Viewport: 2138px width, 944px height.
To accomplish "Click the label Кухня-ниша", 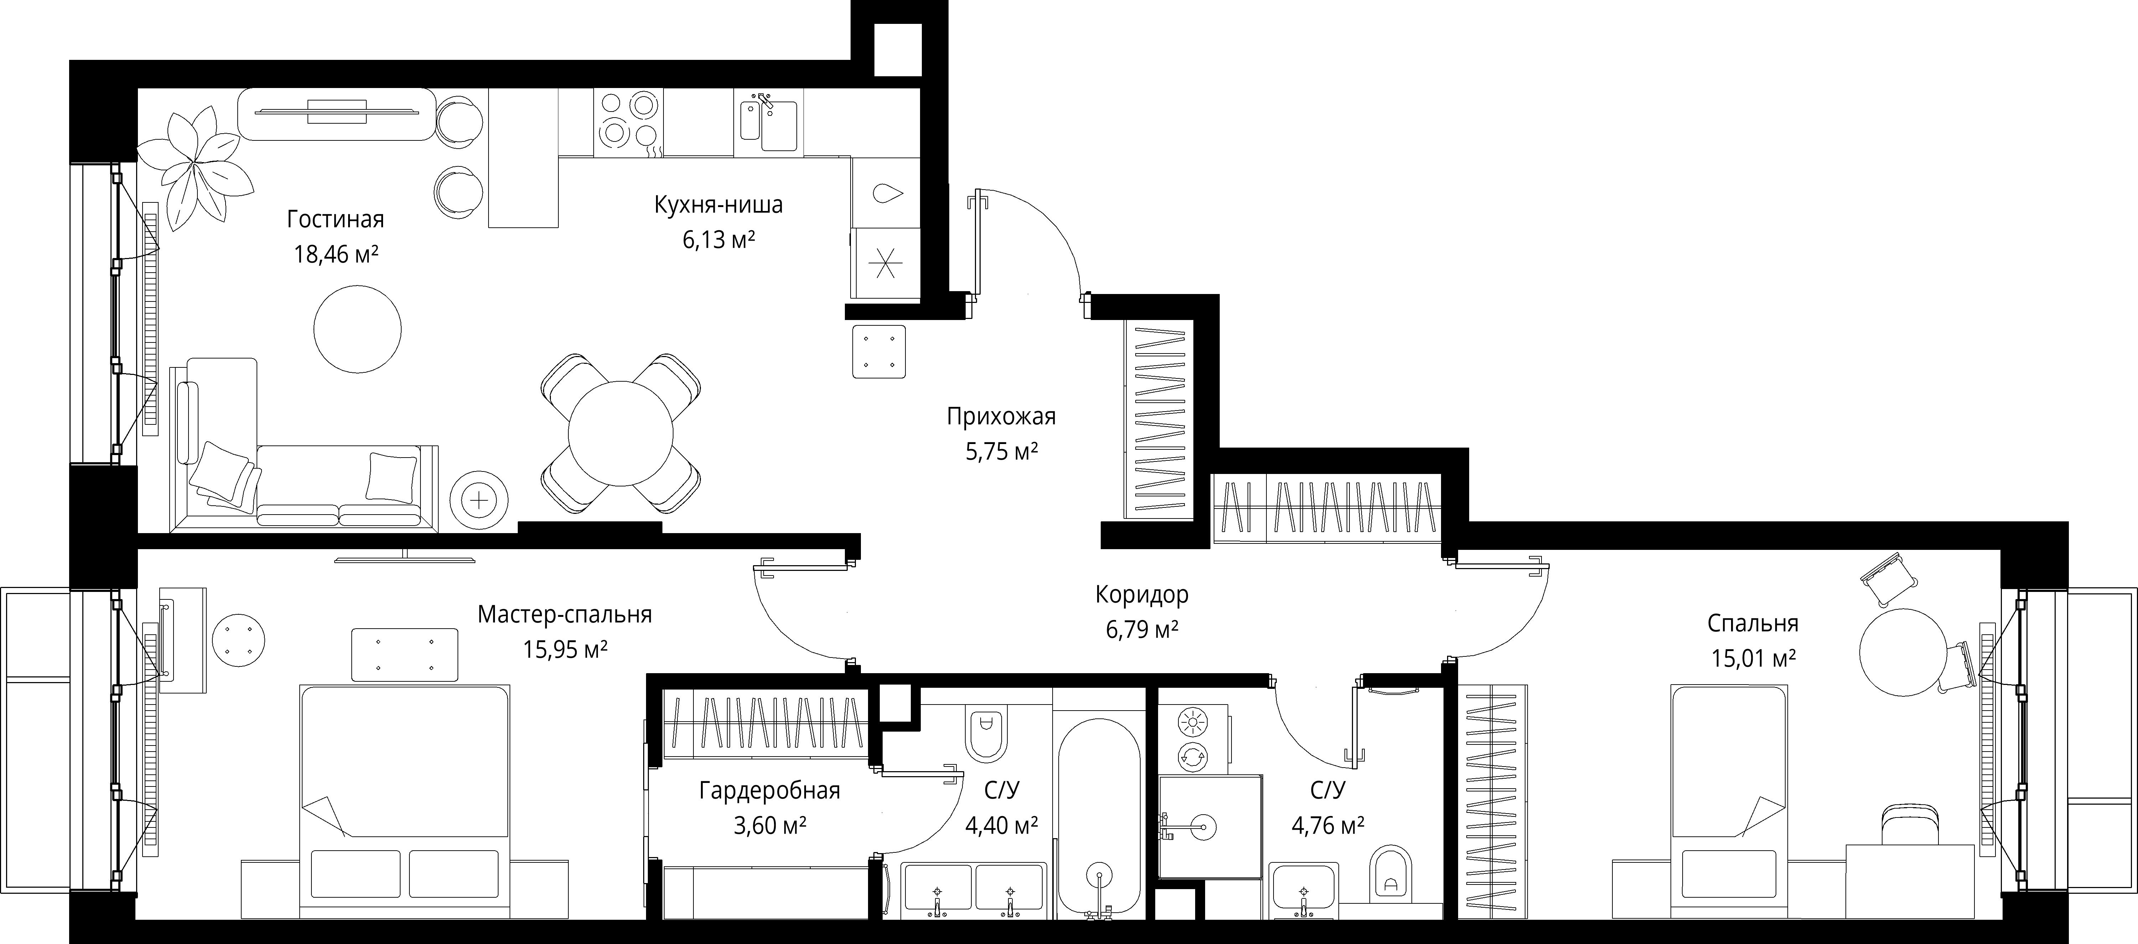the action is pos(718,204).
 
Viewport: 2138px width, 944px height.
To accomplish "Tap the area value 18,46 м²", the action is pos(336,254).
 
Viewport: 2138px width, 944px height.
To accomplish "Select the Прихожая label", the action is pos(1001,416).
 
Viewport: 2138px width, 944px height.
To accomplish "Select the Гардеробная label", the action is pos(769,790).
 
